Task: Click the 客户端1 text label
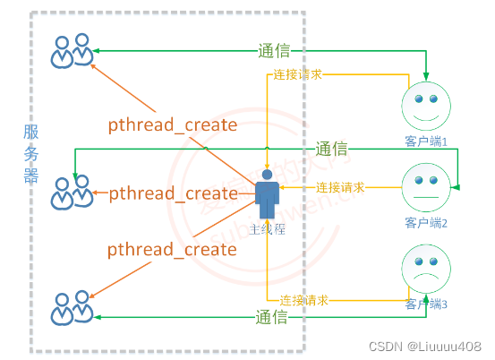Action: coord(425,141)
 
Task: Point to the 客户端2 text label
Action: coord(425,221)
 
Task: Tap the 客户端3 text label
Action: coord(425,304)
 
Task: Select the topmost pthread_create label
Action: coord(173,124)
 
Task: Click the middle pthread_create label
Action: coord(173,193)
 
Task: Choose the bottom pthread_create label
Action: coord(173,250)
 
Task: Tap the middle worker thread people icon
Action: coord(72,192)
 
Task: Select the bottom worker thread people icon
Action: coord(72,307)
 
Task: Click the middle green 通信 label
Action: coord(330,149)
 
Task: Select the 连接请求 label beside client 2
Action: coord(340,187)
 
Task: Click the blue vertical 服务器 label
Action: coord(31,152)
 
